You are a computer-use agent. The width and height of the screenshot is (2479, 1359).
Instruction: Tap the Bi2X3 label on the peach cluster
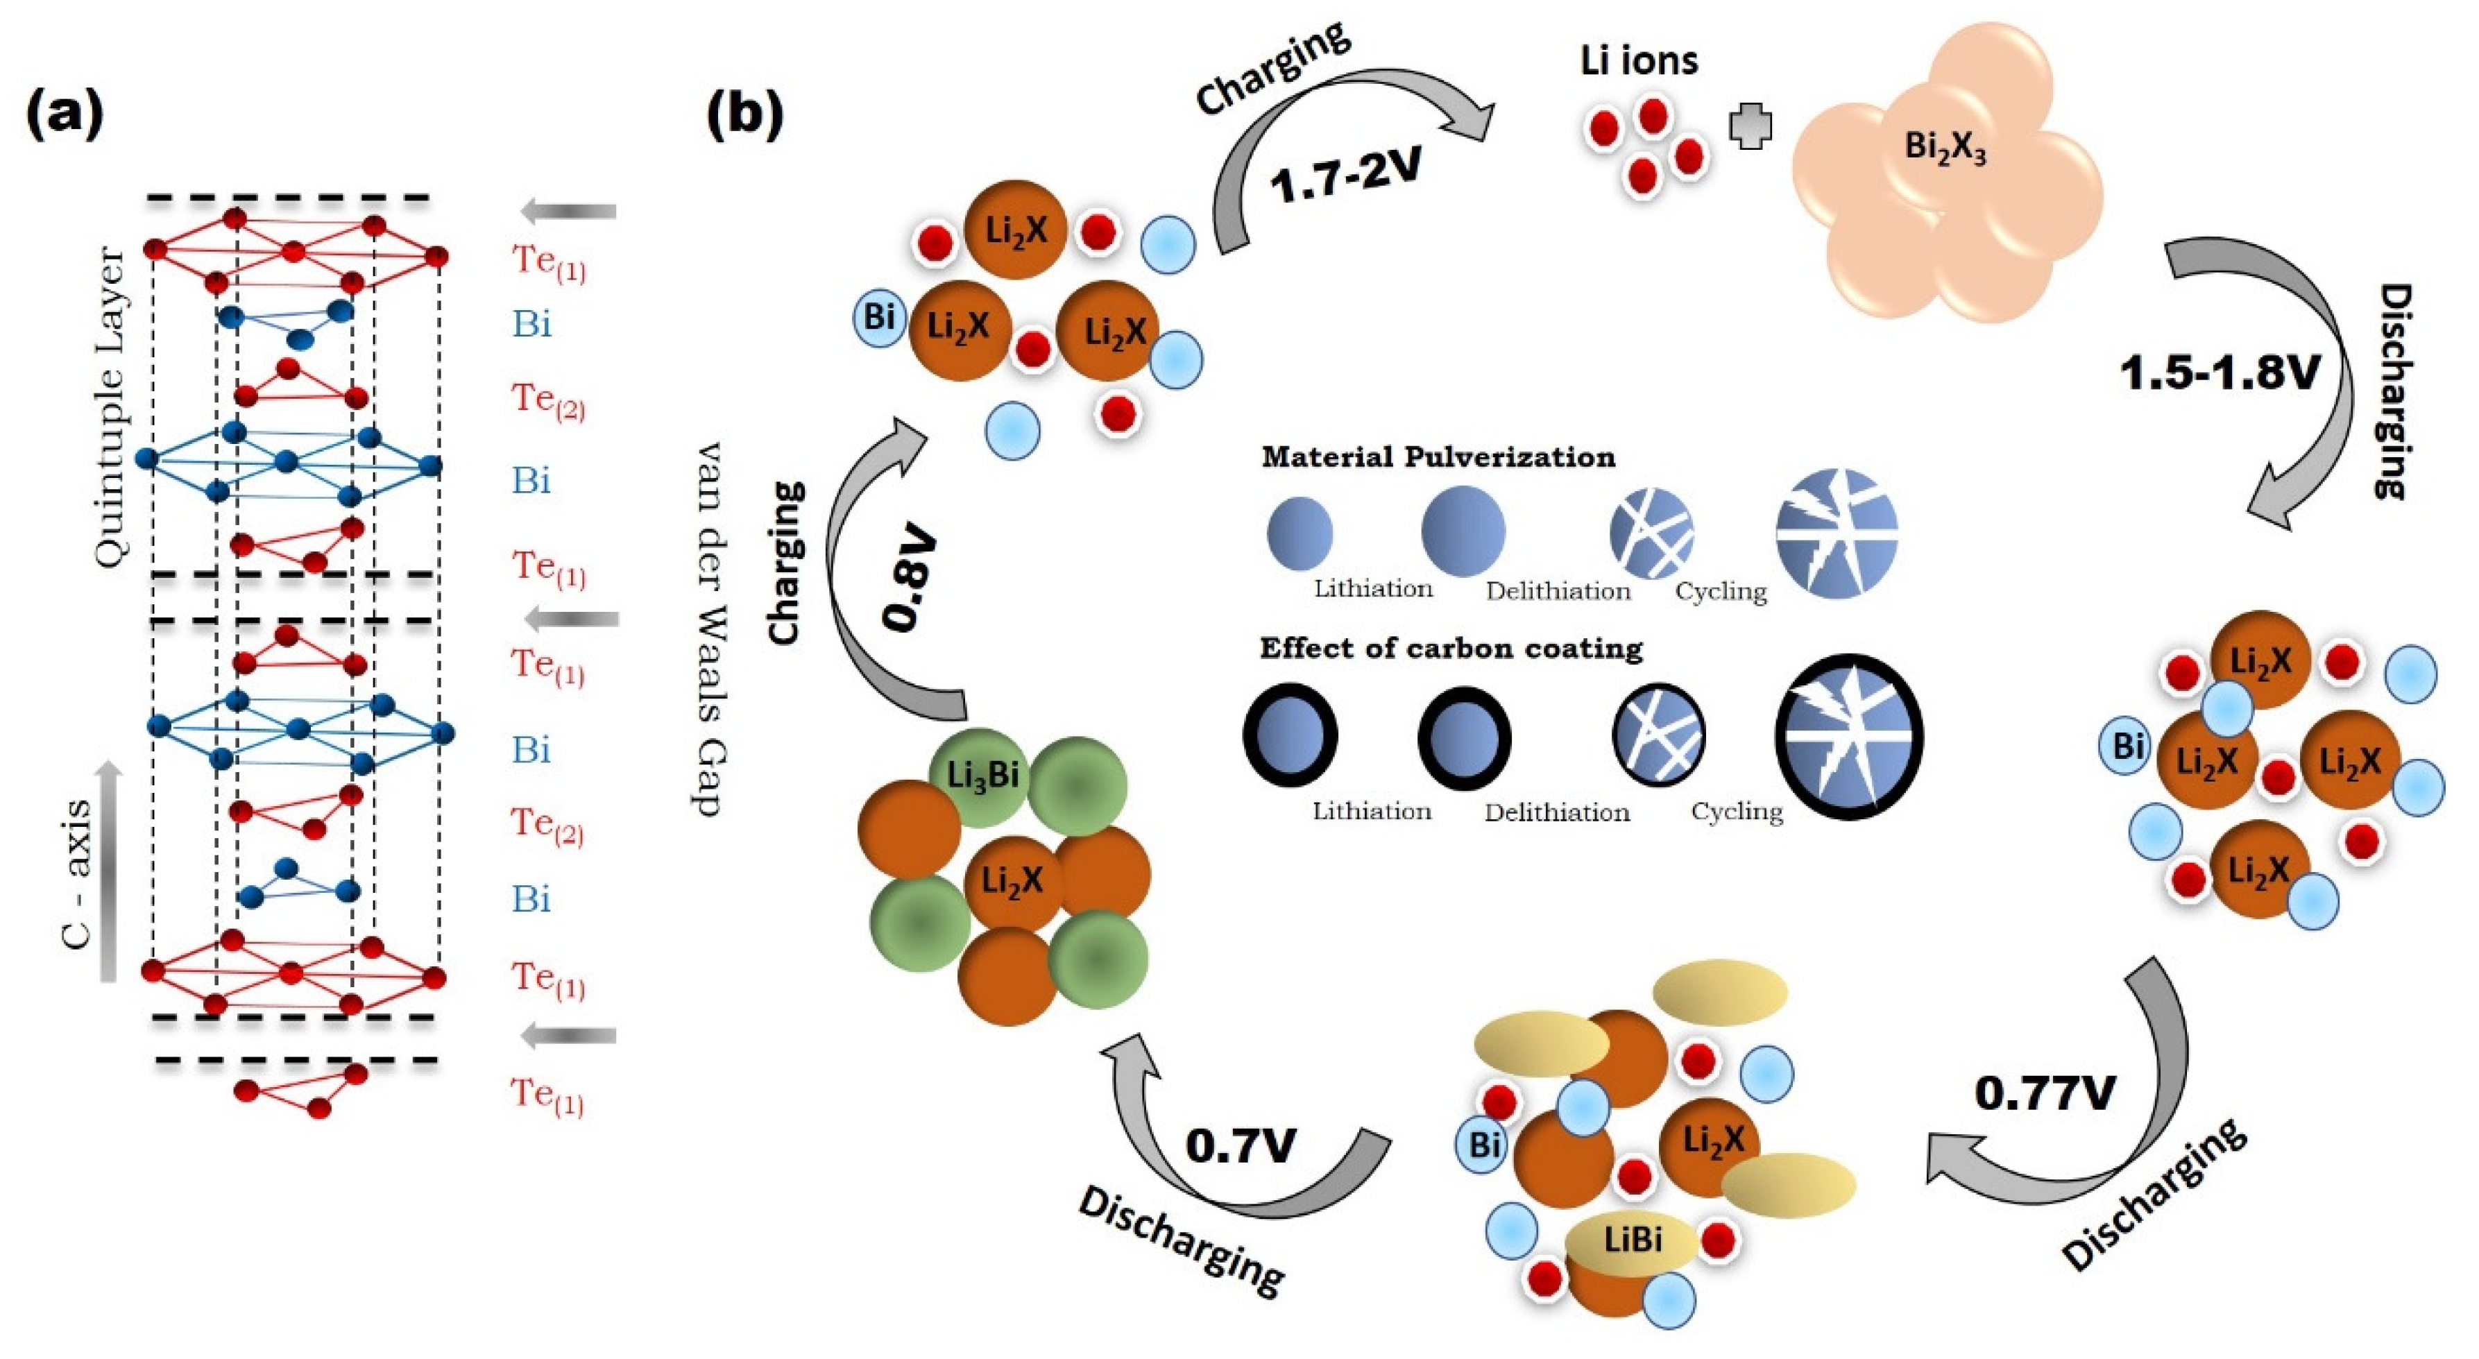point(1945,149)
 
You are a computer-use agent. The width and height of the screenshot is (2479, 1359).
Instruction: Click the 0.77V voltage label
point(2045,1093)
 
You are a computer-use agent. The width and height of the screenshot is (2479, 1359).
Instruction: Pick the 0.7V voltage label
point(1241,1145)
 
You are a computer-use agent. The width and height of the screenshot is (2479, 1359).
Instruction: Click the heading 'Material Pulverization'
point(1438,456)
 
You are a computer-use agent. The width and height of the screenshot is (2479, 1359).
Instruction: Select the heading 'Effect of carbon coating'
point(1451,648)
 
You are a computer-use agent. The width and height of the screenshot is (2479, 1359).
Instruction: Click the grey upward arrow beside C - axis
point(110,871)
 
